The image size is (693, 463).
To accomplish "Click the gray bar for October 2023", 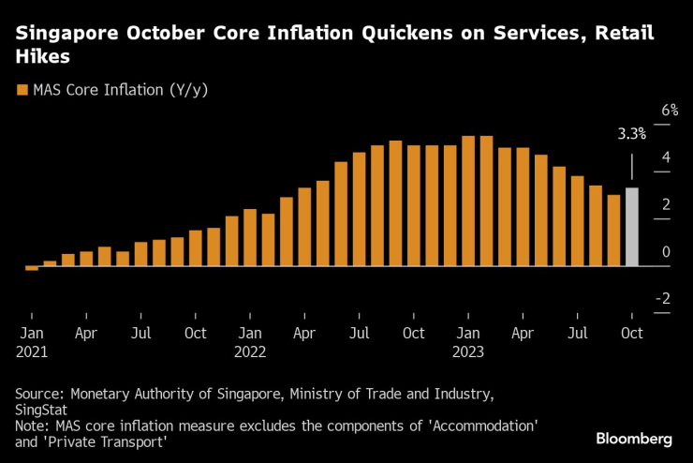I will pos(632,227).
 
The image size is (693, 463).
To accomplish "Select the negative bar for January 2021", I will pos(32,268).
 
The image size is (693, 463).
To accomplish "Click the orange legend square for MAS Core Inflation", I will pos(22,90).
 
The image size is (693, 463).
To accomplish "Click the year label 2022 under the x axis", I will pos(250,352).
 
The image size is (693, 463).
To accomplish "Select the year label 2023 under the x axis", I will pos(468,352).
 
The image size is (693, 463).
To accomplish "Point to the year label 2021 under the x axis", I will pos(32,352).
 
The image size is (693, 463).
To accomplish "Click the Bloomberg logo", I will pos(634,439).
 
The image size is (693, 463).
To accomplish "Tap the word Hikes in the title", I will pos(42,57).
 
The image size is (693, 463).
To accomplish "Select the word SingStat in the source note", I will pos(41,411).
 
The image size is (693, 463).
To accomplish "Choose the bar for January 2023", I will pos(468,201).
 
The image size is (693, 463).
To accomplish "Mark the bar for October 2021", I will pos(196,247).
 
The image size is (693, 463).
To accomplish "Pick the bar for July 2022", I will pos(360,209).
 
